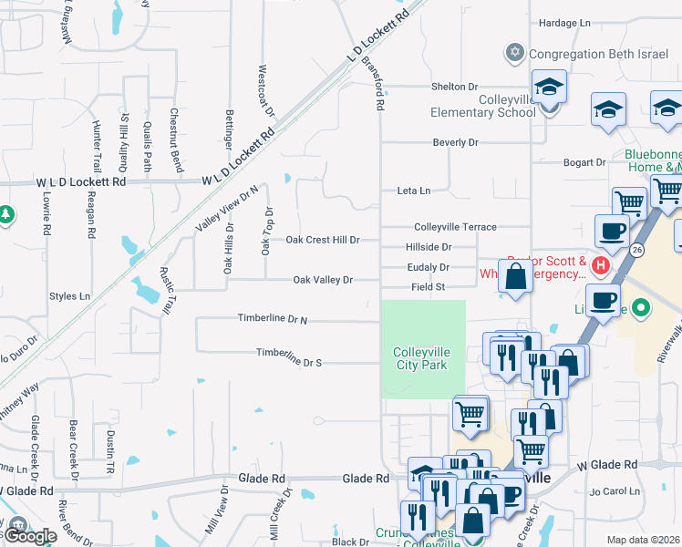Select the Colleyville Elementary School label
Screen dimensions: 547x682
(483, 106)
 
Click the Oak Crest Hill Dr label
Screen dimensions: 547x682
(323, 240)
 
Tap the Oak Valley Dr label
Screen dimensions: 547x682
(322, 280)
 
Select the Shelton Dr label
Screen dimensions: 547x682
(455, 87)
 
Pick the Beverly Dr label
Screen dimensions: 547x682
(455, 142)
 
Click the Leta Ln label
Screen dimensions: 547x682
(413, 191)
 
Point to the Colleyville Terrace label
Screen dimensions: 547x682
(455, 226)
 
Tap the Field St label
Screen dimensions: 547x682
(427, 286)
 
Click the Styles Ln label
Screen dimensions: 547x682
(70, 295)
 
